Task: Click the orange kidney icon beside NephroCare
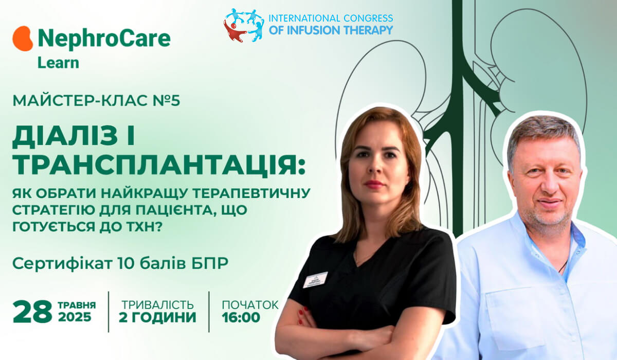(23, 39)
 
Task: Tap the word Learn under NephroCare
(58, 63)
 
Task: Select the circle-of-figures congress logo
(244, 25)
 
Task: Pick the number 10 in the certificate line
(126, 264)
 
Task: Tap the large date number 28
(32, 312)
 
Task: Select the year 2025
(75, 317)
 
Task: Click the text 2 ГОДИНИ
(157, 317)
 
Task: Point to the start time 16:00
(241, 317)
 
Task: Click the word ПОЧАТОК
(250, 305)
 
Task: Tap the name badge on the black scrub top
(315, 280)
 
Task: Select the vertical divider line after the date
(108, 312)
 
